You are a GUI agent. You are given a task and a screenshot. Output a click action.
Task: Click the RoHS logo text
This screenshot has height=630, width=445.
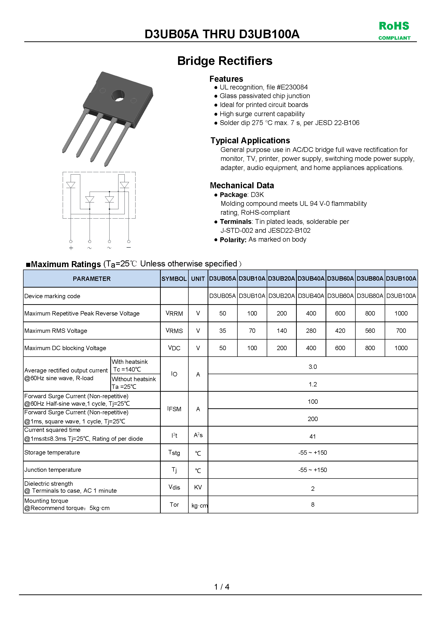(394, 26)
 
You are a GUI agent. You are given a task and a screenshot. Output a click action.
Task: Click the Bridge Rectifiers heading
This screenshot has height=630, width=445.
(225, 61)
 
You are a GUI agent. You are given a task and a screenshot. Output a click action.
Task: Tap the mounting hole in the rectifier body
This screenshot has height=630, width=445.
(118, 96)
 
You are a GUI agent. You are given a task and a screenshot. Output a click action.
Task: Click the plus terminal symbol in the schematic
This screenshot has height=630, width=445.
(71, 248)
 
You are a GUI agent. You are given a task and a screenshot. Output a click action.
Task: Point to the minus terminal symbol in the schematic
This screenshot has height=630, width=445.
(129, 247)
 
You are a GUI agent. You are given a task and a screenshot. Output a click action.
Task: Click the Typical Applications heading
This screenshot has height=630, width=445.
(250, 140)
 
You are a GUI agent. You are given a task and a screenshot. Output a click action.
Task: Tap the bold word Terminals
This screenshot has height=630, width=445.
(235, 222)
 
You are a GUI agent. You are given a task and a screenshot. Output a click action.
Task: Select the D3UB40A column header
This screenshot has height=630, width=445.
(311, 278)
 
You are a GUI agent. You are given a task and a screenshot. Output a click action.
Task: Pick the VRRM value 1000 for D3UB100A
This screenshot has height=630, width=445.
(401, 313)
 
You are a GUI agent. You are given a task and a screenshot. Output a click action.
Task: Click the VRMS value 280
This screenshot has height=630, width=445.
(311, 331)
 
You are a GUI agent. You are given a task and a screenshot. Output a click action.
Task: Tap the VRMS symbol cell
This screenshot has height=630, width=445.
(174, 331)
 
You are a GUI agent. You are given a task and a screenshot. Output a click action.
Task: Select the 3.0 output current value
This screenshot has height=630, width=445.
(313, 367)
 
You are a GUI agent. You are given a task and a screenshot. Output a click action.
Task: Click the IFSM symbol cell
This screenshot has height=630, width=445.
(174, 409)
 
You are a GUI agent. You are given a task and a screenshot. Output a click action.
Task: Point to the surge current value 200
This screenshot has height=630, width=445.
(313, 419)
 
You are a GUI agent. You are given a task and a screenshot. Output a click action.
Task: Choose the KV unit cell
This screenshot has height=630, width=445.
(198, 487)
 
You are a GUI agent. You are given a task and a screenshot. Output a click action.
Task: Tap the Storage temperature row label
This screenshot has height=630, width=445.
(52, 453)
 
